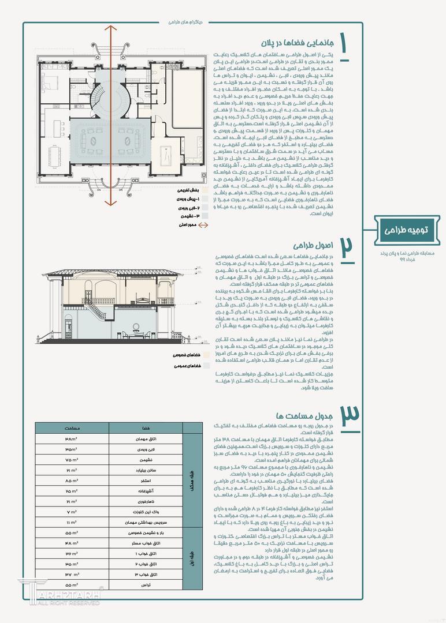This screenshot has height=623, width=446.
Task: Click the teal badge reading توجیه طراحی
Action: click(406, 230)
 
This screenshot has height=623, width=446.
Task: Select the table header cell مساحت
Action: click(72, 429)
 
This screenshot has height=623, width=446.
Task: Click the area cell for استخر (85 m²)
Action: click(72, 480)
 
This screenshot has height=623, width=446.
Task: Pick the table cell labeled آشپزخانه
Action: click(145, 490)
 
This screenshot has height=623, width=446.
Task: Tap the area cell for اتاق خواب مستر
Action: click(72, 543)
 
